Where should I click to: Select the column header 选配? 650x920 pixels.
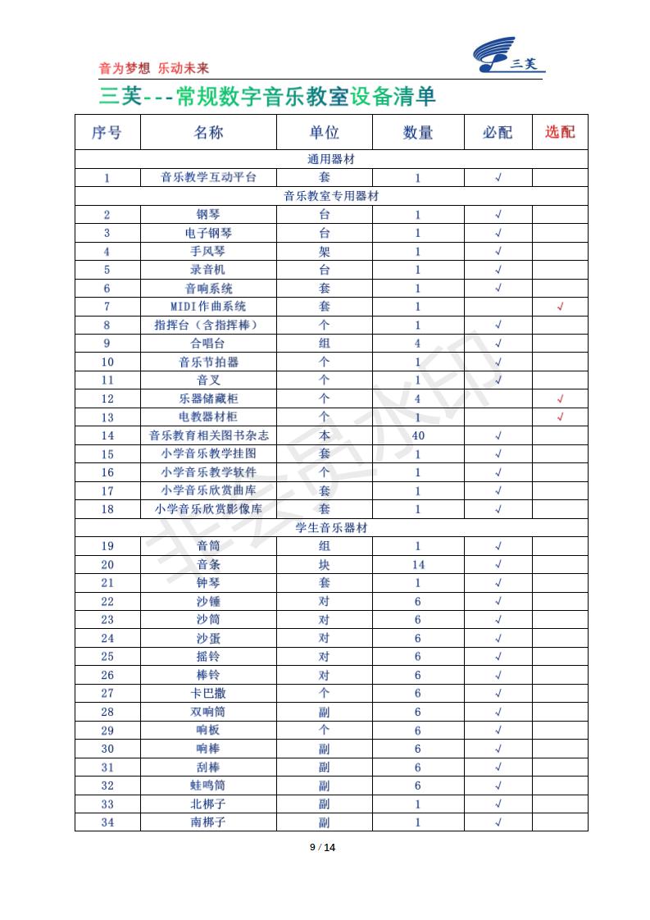[x=560, y=132]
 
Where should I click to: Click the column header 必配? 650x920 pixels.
[x=498, y=132]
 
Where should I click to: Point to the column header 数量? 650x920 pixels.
[x=418, y=132]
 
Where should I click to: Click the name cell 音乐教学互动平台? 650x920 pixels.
[x=208, y=177]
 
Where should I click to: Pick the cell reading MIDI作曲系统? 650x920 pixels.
[x=208, y=307]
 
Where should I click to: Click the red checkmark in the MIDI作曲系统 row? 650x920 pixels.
[x=560, y=307]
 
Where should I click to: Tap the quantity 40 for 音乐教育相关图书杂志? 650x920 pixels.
[x=418, y=435]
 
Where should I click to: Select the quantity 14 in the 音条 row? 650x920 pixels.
[x=418, y=564]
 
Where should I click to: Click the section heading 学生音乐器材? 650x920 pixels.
[x=331, y=527]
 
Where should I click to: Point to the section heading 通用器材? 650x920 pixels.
[x=331, y=159]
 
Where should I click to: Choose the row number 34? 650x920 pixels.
[x=107, y=822]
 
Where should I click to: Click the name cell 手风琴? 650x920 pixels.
[x=208, y=252]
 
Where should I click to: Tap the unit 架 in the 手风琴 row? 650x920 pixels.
[x=324, y=252]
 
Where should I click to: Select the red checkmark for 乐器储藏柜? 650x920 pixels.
[x=560, y=399]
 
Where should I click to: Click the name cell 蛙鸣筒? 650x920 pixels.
[x=208, y=786]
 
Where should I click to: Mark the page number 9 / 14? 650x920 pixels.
[x=324, y=847]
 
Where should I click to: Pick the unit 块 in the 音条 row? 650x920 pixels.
[x=324, y=564]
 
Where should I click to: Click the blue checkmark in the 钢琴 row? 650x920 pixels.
[x=498, y=215]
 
